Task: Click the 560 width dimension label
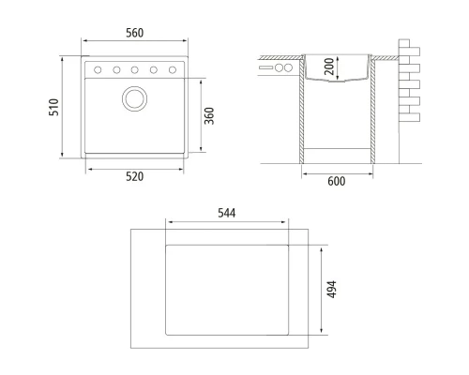point(135,33)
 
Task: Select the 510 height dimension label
point(53,107)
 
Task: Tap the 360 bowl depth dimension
point(209,116)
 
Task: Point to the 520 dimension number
point(135,176)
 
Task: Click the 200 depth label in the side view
point(329,67)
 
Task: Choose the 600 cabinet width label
point(337,181)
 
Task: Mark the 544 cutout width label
point(227,213)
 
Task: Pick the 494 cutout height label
point(331,290)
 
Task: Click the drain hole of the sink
point(135,98)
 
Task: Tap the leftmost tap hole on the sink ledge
point(98,70)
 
